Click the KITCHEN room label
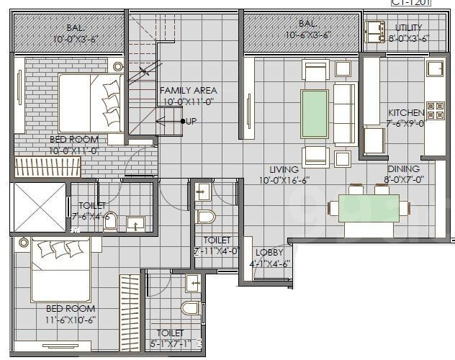(406, 113)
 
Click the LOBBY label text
(269, 253)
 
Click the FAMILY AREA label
(188, 91)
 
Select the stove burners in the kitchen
(436, 110)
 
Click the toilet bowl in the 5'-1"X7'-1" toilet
(190, 309)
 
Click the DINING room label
(402, 169)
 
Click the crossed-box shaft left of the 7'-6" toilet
(39, 207)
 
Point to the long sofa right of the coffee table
(344, 113)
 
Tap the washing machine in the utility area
(376, 30)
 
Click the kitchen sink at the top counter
(436, 69)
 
